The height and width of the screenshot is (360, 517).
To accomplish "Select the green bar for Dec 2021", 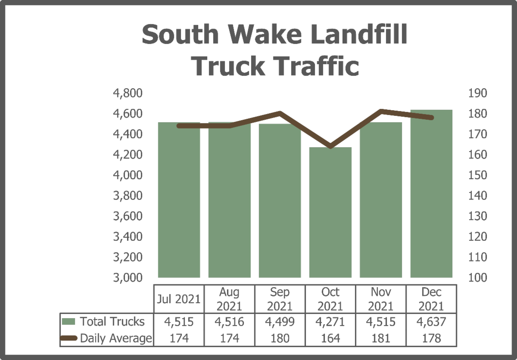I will tap(431, 194).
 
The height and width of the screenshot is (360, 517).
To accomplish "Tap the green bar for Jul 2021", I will tap(179, 200).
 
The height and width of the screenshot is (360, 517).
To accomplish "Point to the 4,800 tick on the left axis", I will tap(127, 93).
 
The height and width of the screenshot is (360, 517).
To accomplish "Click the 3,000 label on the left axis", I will tap(127, 278).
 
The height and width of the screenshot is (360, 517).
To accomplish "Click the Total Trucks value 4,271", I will tap(330, 322).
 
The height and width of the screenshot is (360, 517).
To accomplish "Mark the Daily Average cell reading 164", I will tap(330, 338).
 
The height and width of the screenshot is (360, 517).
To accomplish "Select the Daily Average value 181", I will tap(381, 338).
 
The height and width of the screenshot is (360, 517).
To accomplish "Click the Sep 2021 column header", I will tap(280, 299).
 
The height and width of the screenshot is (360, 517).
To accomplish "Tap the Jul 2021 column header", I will tap(179, 299).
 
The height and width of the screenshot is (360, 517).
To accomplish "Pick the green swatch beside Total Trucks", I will tap(69, 322).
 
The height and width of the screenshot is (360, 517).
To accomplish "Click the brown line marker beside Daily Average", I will tap(69, 338).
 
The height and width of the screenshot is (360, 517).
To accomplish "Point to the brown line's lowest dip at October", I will tap(330, 146).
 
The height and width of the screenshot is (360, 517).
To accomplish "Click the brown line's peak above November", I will tap(381, 112).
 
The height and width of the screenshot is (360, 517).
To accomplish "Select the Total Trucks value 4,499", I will tap(280, 322).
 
